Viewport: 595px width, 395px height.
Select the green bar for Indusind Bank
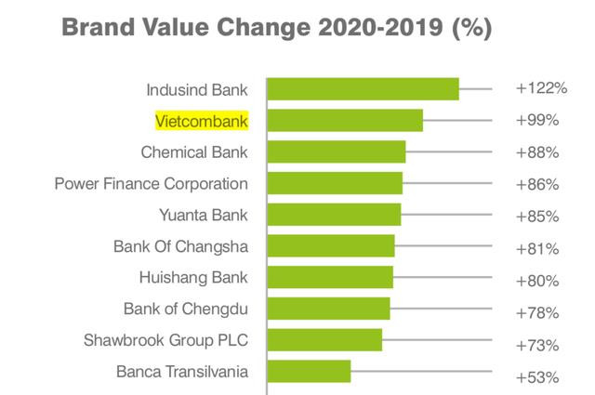point(363,88)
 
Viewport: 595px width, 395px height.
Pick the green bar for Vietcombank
point(345,121)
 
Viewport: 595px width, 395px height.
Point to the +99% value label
point(536,121)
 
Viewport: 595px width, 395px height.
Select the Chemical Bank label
point(194,151)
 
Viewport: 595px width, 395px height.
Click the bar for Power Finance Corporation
point(335,183)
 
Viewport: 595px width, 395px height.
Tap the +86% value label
point(536,184)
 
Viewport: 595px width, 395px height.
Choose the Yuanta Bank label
point(204,216)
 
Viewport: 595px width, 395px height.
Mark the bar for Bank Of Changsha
point(331,246)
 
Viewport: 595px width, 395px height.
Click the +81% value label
point(536,248)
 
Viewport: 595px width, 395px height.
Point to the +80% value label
point(536,281)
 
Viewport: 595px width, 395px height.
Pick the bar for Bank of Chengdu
point(328,309)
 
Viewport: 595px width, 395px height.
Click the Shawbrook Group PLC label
point(165,340)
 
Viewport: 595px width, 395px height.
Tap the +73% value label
point(536,345)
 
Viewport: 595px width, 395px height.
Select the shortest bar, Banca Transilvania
point(309,372)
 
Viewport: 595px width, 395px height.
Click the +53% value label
point(536,377)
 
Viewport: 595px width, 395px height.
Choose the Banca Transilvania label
point(182,372)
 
